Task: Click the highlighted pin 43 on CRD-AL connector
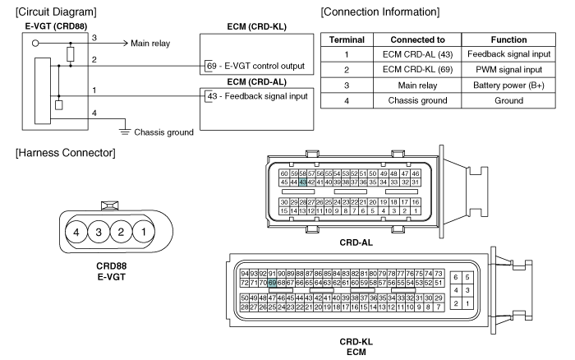tap(302, 182)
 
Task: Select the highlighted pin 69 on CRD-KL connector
tap(272, 283)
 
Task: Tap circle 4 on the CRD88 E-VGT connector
tap(76, 232)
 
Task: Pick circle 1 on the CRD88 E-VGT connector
tap(144, 232)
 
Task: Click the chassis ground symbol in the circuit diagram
tap(125, 132)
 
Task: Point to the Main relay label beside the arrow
tap(150, 44)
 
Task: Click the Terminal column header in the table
tap(347, 39)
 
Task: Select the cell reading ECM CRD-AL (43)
tap(417, 54)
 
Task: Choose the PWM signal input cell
tap(508, 69)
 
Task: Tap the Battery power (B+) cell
tap(508, 85)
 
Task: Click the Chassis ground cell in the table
tap(417, 100)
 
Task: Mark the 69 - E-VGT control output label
tap(255, 66)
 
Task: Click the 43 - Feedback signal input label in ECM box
tap(257, 96)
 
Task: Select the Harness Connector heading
tap(65, 153)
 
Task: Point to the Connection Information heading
tap(380, 12)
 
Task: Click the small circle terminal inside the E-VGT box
tap(35, 44)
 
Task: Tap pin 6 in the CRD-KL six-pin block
tap(456, 278)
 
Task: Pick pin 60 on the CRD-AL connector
tap(284, 173)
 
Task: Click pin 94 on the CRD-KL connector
tap(245, 274)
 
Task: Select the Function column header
tap(508, 39)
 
